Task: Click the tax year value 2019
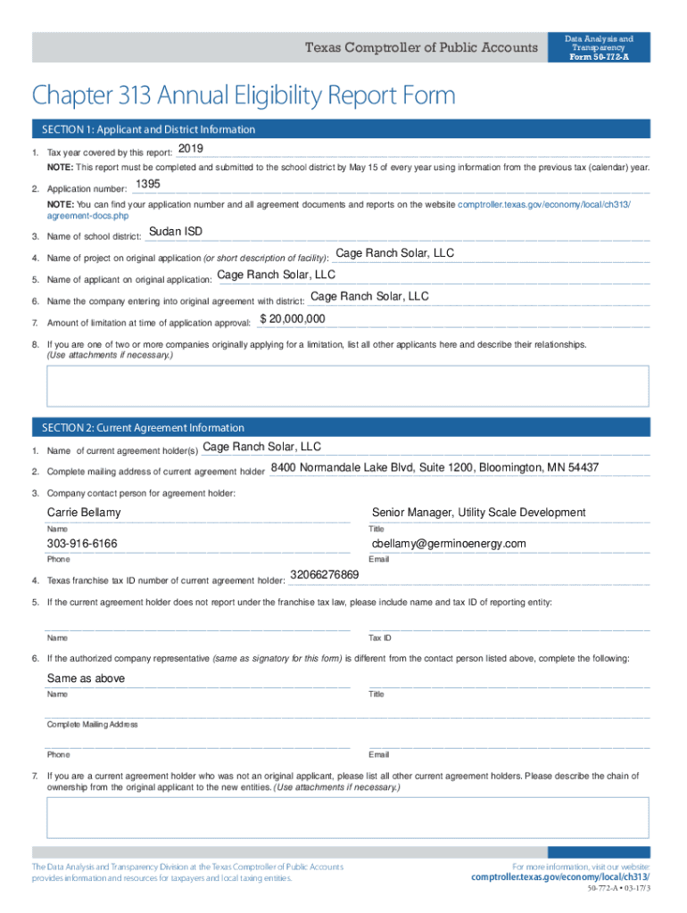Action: point(191,148)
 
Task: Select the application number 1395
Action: point(147,185)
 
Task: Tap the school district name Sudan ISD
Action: point(175,232)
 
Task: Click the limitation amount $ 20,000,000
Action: point(292,319)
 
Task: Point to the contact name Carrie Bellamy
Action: point(84,513)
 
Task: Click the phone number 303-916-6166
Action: point(82,544)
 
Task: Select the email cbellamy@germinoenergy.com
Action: point(449,544)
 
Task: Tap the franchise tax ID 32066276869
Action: point(325,574)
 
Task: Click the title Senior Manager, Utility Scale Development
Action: point(478,513)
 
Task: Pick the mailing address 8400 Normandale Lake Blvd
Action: point(435,468)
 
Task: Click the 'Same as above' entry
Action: point(86,679)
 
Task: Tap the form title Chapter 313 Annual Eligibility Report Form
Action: point(243,95)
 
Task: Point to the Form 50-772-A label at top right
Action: point(599,56)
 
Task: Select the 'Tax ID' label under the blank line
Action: point(379,638)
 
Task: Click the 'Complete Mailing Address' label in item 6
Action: point(92,725)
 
